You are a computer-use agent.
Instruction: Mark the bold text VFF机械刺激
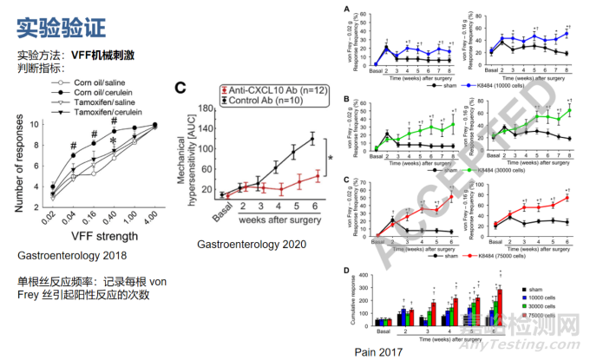[106, 55]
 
